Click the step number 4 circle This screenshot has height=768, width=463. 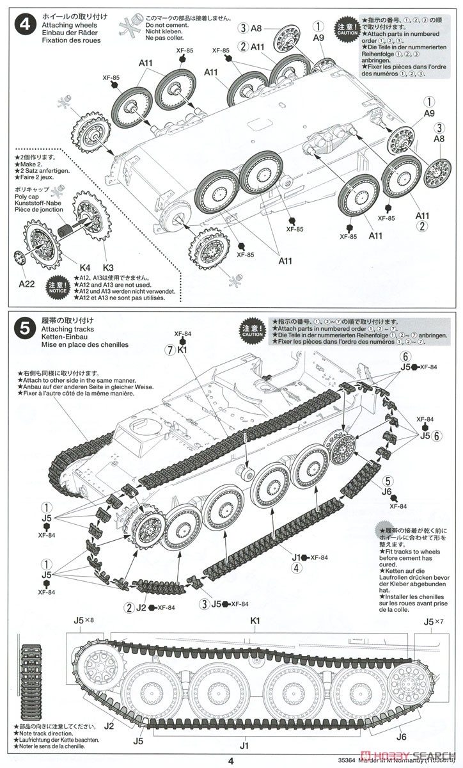pos(23,25)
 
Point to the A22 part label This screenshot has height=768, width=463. pos(27,283)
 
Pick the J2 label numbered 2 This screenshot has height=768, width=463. pos(138,607)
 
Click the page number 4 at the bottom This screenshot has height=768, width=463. pos(231,760)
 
